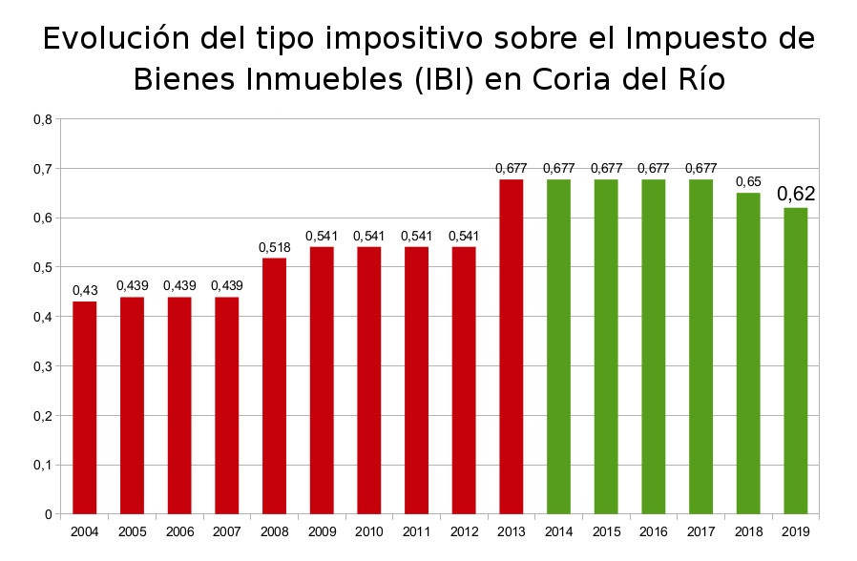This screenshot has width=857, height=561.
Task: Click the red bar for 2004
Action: pos(85,408)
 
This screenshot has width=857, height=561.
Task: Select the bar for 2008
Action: pos(274,386)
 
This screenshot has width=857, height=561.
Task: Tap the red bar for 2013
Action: pos(511,346)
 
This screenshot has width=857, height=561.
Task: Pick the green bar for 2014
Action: pos(558,346)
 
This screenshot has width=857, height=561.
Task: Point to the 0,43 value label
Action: pos(85,290)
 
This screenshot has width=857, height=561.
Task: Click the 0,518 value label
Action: pos(274,247)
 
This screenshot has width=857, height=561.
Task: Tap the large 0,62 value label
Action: pos(796,194)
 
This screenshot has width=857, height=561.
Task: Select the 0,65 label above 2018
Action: pos(748,181)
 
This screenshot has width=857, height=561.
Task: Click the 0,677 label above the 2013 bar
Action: pos(511,168)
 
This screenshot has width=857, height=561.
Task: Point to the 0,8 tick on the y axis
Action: pos(42,119)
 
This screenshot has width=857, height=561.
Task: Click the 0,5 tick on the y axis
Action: pos(42,267)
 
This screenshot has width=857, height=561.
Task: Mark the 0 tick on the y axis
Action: pos(47,514)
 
